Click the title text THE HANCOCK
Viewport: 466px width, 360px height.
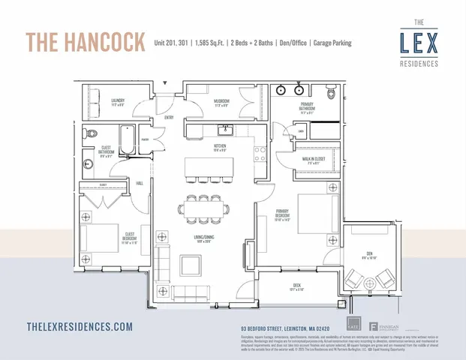[x=86, y=42]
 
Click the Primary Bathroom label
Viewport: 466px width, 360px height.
[x=308, y=112]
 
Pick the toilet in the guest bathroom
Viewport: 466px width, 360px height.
[x=90, y=135]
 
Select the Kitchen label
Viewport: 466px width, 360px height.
[x=221, y=146]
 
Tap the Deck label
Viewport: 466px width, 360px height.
[x=297, y=286]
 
